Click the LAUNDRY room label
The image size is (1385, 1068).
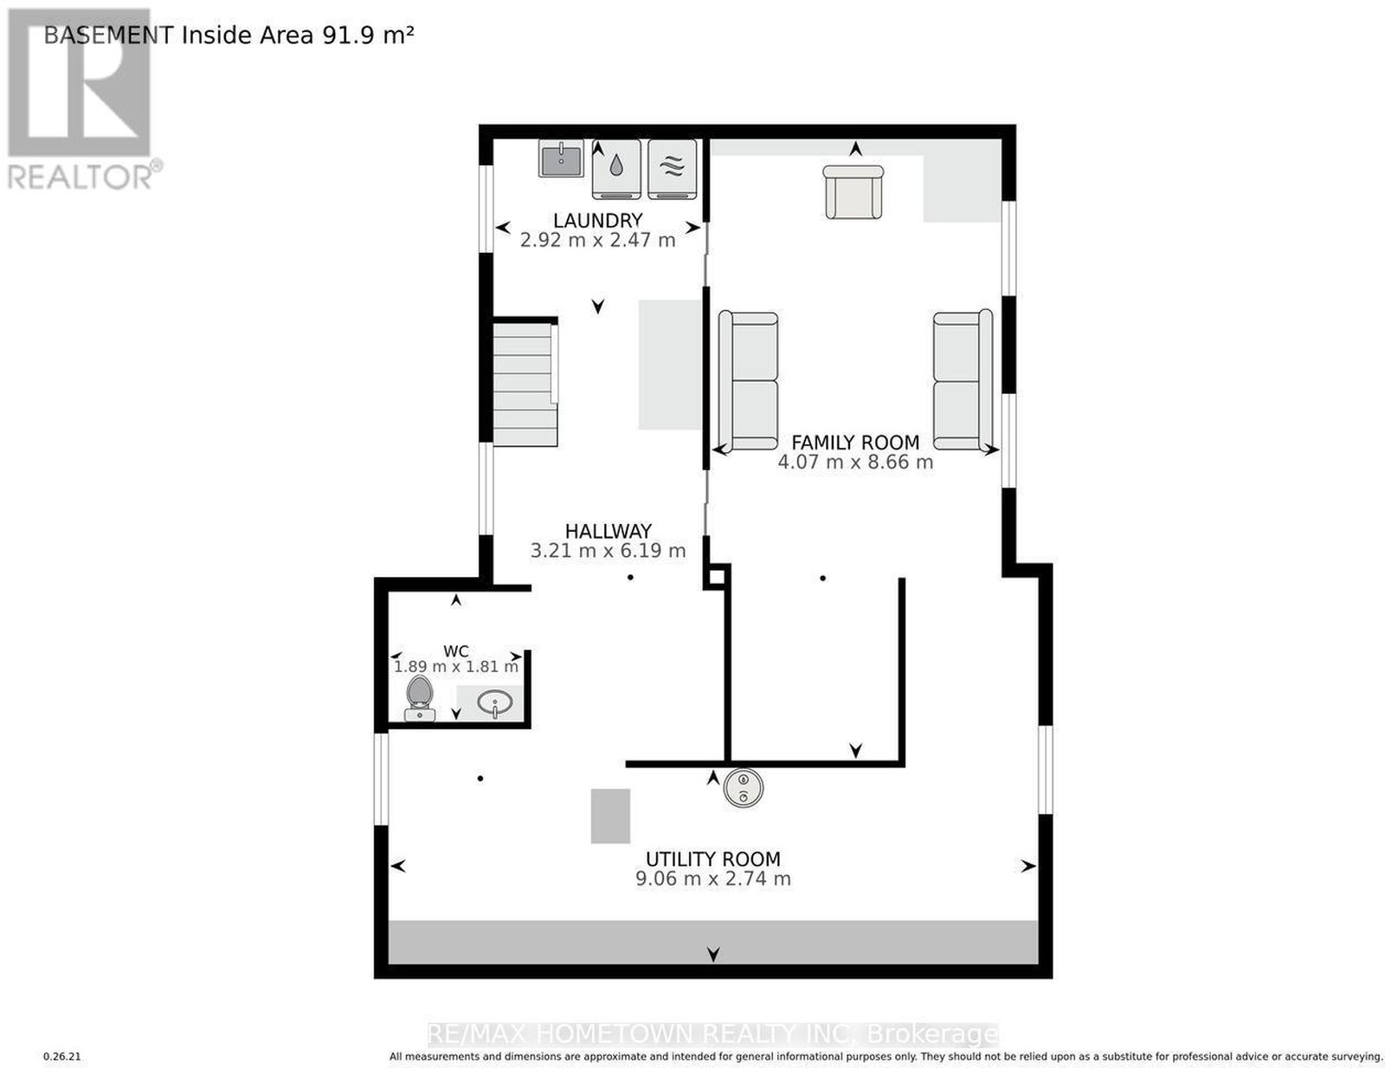pyautogui.click(x=597, y=220)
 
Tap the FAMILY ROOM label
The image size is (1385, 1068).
pyautogui.click(x=854, y=442)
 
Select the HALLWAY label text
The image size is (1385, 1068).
pyautogui.click(x=608, y=531)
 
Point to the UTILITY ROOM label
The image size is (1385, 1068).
pyautogui.click(x=712, y=859)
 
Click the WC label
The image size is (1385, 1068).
pyautogui.click(x=455, y=651)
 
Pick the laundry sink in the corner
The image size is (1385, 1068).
pyautogui.click(x=560, y=159)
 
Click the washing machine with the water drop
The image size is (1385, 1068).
pyautogui.click(x=615, y=169)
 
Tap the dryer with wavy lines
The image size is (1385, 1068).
pyautogui.click(x=672, y=169)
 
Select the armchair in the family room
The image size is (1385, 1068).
pyautogui.click(x=853, y=192)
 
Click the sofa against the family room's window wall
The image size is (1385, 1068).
pyautogui.click(x=963, y=380)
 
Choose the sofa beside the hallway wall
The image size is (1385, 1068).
pyautogui.click(x=748, y=381)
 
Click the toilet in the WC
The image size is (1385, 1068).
pyautogui.click(x=419, y=697)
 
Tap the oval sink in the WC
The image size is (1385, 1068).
pyautogui.click(x=494, y=704)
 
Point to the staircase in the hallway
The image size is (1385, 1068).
pyautogui.click(x=525, y=384)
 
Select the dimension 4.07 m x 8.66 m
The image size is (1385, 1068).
pyautogui.click(x=854, y=462)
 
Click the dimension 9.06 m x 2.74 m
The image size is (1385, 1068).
pyautogui.click(x=712, y=878)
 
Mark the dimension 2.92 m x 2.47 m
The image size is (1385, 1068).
pyautogui.click(x=597, y=241)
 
